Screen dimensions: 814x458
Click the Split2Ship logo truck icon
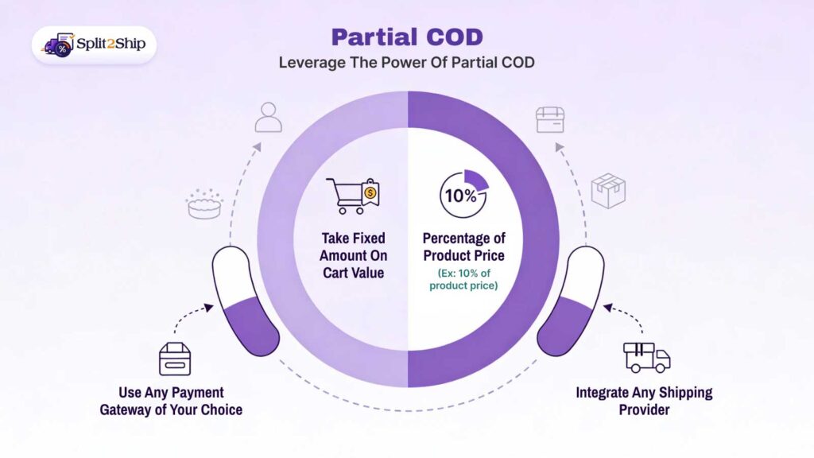click(57, 45)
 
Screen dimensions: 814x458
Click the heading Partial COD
click(407, 37)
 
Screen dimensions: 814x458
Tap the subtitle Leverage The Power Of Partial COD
click(406, 63)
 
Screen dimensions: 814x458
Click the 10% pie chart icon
click(463, 194)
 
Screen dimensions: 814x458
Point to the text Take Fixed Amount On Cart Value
click(353, 255)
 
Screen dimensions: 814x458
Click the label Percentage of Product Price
click(463, 246)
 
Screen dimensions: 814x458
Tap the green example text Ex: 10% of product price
click(463, 279)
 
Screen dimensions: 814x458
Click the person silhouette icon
click(269, 118)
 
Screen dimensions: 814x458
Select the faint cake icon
click(204, 204)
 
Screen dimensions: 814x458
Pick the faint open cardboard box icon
click(608, 191)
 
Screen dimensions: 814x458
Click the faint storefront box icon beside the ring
click(550, 119)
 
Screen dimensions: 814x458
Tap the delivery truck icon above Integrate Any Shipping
click(646, 357)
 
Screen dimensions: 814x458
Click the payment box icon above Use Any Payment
click(175, 359)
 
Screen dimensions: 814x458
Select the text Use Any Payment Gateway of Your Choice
click(172, 401)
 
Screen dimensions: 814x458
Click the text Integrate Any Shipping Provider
click(644, 401)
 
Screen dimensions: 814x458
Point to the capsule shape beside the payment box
click(246, 301)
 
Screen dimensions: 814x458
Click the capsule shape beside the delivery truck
click(571, 301)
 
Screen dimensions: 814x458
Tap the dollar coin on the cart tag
click(370, 193)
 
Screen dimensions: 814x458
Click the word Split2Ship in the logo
click(111, 45)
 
